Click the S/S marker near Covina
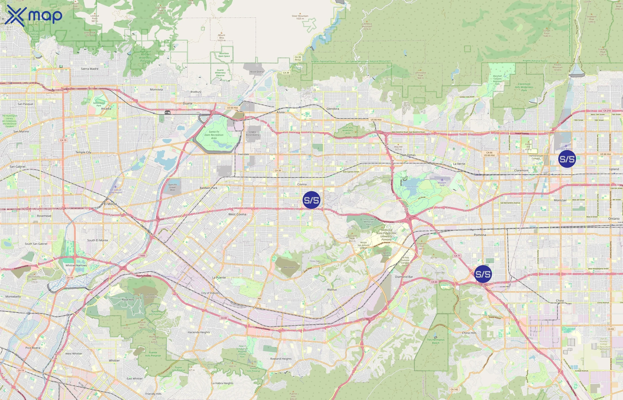coord(311,200)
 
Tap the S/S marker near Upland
coord(567,159)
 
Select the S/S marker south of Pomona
coord(483,274)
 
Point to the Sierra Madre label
coord(90,69)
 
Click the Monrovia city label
coord(156,90)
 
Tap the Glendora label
coord(333,109)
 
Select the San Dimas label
coord(408,155)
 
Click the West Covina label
coord(237,214)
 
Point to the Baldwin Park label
coord(208,188)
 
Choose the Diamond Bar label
coord(404,277)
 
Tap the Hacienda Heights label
coord(199,332)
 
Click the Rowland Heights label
coord(281,359)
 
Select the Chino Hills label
coord(469,333)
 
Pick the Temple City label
coord(83,152)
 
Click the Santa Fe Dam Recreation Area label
coord(214,135)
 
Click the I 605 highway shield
coord(142,256)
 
